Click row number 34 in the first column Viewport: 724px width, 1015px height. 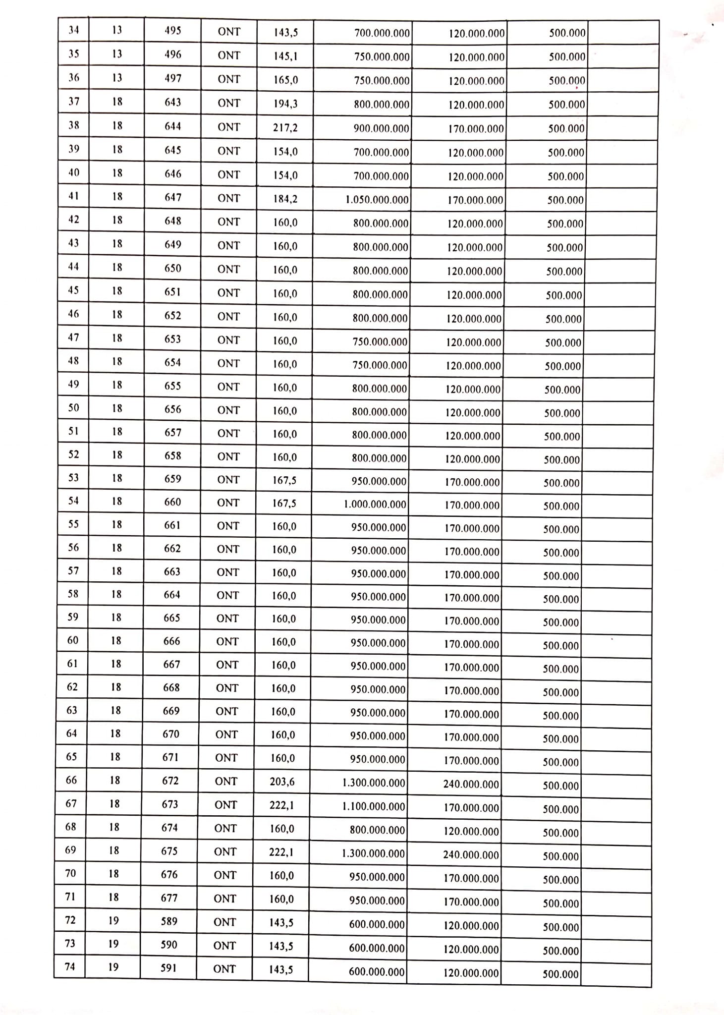pyautogui.click(x=74, y=30)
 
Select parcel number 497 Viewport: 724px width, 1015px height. pyautogui.click(x=173, y=78)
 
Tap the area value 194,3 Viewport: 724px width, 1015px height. pyautogui.click(x=285, y=104)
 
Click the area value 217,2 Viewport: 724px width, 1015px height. pyautogui.click(x=285, y=128)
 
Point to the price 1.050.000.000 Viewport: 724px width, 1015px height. pyautogui.click(x=377, y=200)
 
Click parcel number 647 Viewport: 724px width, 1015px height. pyautogui.click(x=173, y=197)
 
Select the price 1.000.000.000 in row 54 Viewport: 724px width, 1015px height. pyautogui.click(x=375, y=505)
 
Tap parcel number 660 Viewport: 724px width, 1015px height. pyautogui.click(x=172, y=502)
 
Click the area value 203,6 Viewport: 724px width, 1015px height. pyautogui.click(x=282, y=782)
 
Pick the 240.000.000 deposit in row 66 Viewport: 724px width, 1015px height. pyautogui.click(x=471, y=785)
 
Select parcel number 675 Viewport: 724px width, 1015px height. pyautogui.click(x=169, y=851)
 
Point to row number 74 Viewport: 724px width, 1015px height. pyautogui.click(x=70, y=967)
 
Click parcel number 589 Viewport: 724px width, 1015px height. pyautogui.click(x=169, y=921)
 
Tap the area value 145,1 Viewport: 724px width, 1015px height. pyautogui.click(x=286, y=56)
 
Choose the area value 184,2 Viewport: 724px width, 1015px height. pyautogui.click(x=285, y=199)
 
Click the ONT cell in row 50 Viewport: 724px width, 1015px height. pyautogui.click(x=228, y=410)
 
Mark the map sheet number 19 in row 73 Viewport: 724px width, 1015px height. pyautogui.click(x=113, y=944)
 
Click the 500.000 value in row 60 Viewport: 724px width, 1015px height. pyautogui.click(x=560, y=646)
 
